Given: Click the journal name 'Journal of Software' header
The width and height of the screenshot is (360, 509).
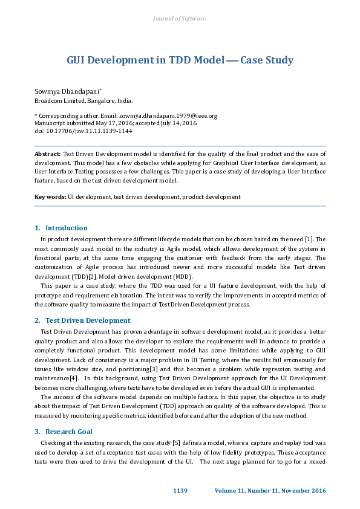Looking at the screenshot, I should (180, 19).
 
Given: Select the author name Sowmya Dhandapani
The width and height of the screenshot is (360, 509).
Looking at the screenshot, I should (62, 91).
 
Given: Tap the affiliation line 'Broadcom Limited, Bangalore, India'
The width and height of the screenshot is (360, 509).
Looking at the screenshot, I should (83, 101).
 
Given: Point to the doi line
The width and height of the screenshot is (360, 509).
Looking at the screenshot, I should (83, 131).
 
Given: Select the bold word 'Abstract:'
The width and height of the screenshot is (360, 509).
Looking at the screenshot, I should (47, 155).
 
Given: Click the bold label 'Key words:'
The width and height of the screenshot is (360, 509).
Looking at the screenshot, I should (50, 196).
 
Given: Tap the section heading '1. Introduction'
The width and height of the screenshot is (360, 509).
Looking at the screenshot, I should (61, 228).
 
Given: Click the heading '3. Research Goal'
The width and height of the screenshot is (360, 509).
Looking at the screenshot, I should (64, 432).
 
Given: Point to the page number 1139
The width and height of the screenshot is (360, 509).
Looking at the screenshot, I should (181, 490).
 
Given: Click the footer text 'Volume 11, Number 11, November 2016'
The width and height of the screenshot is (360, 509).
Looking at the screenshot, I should (270, 490).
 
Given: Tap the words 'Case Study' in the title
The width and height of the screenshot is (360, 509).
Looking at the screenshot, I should (267, 60).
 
